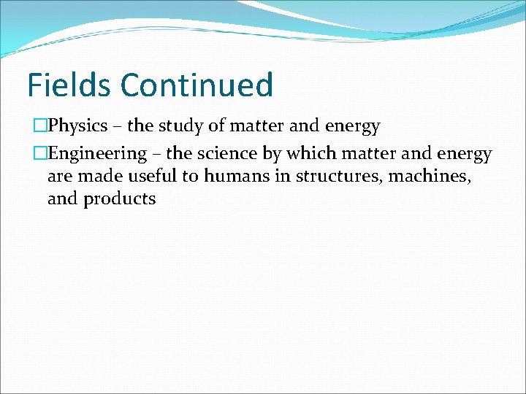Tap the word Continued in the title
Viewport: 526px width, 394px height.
click(197, 85)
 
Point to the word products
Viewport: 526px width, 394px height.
click(120, 199)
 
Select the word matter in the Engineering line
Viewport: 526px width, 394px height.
click(365, 154)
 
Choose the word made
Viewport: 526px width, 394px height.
click(103, 176)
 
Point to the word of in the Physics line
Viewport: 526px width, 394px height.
click(217, 127)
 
